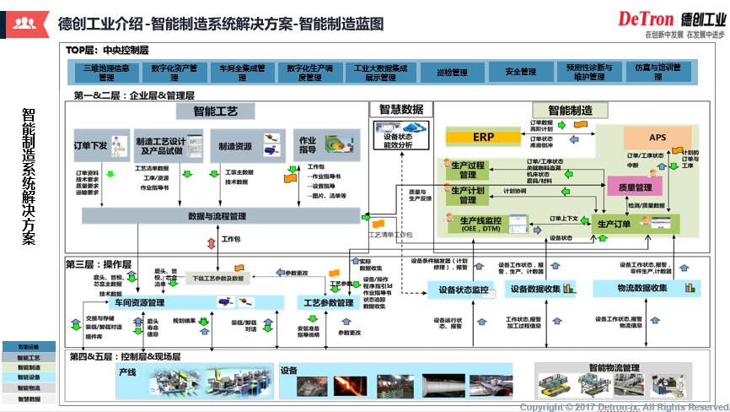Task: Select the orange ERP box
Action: click(x=483, y=137)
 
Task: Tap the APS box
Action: click(x=658, y=137)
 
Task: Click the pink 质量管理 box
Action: click(x=635, y=187)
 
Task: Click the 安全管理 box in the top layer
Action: click(x=521, y=72)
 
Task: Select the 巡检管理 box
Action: click(x=453, y=72)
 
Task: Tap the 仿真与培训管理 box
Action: click(x=658, y=72)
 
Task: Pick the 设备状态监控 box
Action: click(x=458, y=290)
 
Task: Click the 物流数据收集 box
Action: click(x=636, y=288)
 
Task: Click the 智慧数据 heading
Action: click(x=400, y=109)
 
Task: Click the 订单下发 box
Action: click(x=91, y=146)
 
